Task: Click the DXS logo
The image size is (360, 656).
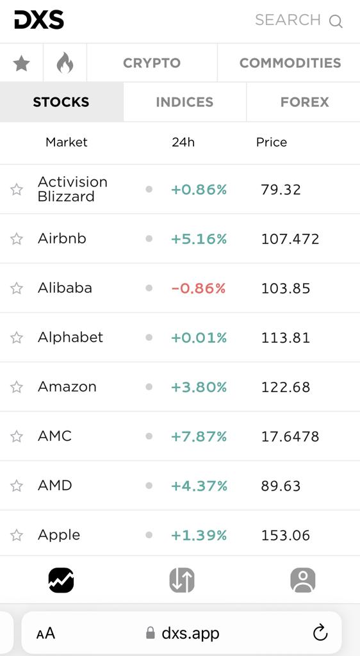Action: point(39,20)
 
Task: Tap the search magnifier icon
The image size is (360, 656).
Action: point(336,21)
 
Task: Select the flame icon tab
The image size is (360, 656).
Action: point(65,63)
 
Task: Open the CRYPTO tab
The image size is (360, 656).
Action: point(152,63)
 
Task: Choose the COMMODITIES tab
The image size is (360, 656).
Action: point(290,63)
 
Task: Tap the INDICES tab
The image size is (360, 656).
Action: point(184,102)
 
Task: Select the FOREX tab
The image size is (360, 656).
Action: point(304,102)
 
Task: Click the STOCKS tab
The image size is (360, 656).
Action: point(61,102)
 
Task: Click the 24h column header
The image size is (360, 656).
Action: point(183,142)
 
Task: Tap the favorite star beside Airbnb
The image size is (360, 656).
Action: point(17,239)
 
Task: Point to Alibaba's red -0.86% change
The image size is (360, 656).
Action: point(199,288)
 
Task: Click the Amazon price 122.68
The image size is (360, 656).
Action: point(286,387)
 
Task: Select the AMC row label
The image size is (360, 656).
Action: point(55,436)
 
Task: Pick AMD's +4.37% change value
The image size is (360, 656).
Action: point(199,486)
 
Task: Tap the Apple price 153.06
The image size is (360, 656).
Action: point(286,535)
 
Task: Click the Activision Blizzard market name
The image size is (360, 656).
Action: point(73,189)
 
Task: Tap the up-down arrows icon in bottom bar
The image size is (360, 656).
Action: point(182,580)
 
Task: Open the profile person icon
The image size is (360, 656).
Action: point(303,580)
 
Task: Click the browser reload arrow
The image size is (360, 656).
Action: point(320,632)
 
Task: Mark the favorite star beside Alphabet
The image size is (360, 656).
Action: point(17,338)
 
